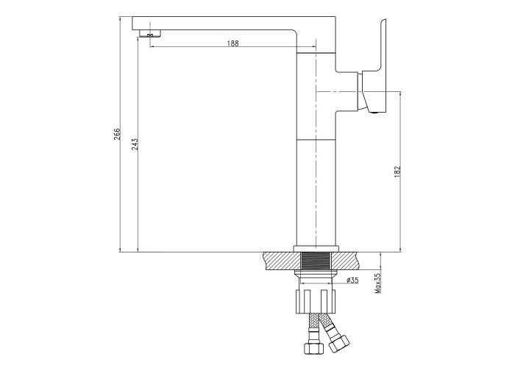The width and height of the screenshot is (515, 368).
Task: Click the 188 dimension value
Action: pos(232,43)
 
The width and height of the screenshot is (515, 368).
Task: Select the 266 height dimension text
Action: pos(117,134)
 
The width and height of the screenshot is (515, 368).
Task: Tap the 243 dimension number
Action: pos(135,144)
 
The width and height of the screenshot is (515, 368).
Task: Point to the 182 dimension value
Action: pos(397,171)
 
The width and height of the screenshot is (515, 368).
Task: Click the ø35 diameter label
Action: pos(352,280)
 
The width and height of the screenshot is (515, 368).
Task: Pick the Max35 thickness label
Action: pos(378,283)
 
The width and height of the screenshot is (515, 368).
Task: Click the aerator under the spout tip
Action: pos(150,33)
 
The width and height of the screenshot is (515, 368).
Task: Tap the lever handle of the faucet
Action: pos(374,66)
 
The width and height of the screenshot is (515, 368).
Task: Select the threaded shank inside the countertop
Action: pos(316,261)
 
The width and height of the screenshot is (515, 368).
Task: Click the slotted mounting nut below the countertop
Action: pos(316,301)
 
